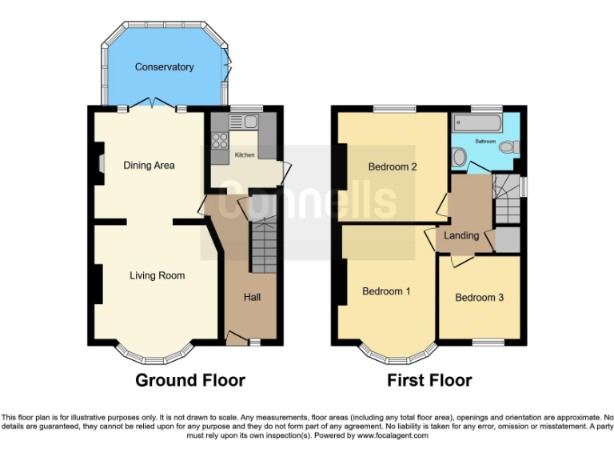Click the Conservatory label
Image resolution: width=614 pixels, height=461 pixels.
[x=164, y=67]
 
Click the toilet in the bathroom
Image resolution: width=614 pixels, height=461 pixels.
[x=514, y=146]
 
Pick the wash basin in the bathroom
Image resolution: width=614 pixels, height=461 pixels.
[x=460, y=157]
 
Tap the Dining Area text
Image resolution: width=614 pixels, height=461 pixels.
[x=149, y=166]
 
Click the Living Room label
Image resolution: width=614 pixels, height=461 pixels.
[x=157, y=275]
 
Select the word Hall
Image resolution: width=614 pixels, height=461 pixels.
[x=252, y=297]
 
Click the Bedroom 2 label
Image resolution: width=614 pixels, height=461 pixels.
[x=394, y=167]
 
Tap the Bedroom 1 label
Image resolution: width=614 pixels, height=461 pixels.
[x=386, y=291]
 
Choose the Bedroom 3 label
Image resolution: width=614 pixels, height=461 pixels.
[x=479, y=298]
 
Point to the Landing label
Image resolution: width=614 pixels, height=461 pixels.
[x=461, y=235]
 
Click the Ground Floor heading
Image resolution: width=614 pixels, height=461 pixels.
[x=189, y=380]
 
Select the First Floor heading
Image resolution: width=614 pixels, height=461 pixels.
[x=429, y=380]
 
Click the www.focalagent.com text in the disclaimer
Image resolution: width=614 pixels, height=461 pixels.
[x=392, y=436]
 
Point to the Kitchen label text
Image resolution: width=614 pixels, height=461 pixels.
[x=244, y=154]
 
